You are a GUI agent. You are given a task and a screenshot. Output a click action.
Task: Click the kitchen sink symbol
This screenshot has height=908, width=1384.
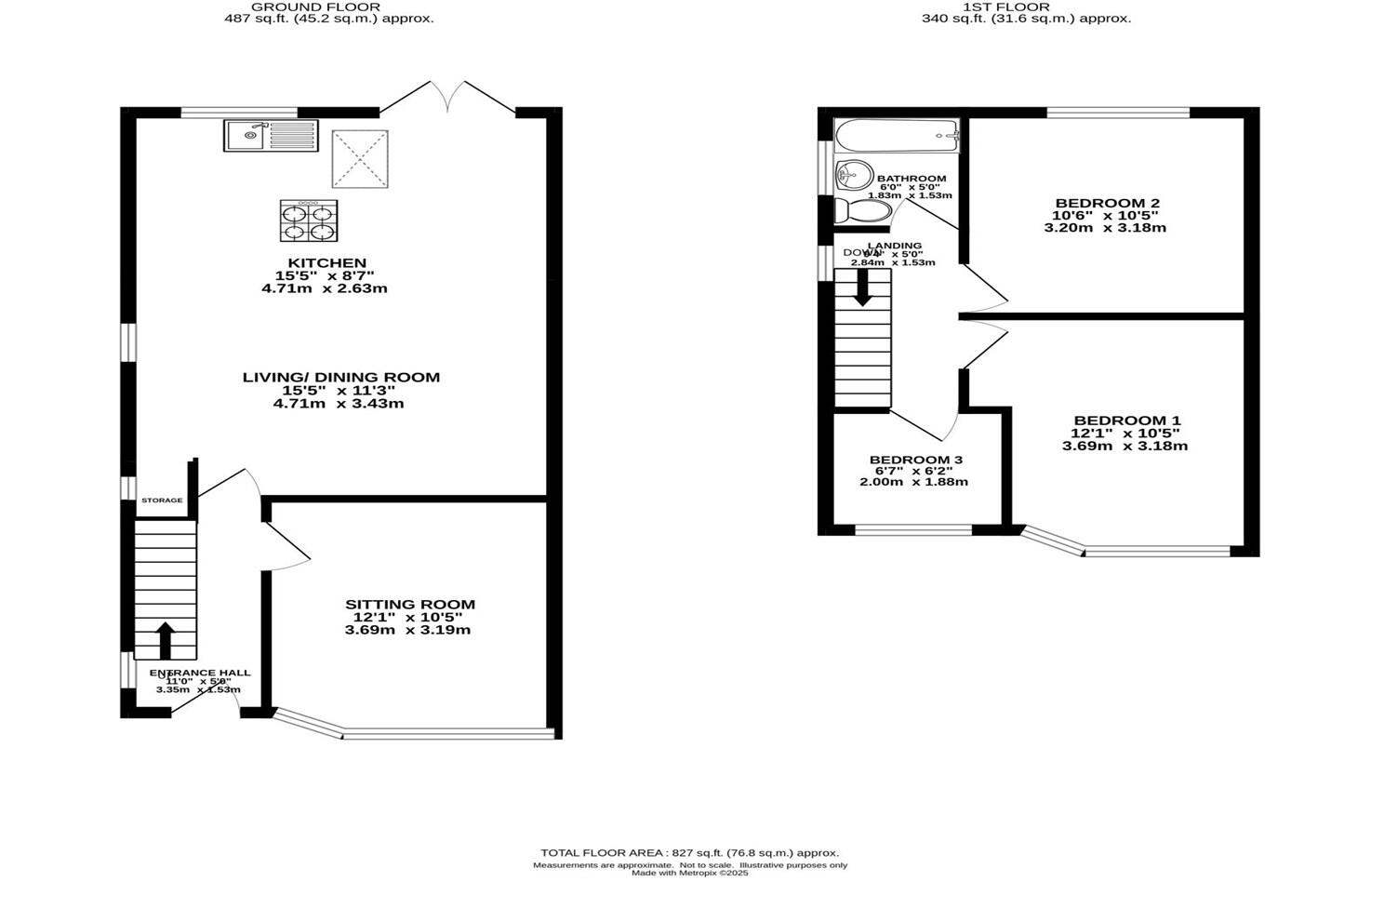[270, 136]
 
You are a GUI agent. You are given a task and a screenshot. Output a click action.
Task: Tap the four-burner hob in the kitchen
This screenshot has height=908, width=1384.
[308, 221]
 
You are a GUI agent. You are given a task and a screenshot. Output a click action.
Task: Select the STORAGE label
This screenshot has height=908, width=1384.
[162, 501]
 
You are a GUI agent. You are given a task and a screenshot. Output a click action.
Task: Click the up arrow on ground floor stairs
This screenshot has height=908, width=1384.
[165, 640]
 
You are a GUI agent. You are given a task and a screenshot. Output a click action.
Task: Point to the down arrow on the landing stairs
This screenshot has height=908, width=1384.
[862, 287]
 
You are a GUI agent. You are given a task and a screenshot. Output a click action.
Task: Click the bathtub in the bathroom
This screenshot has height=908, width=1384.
[897, 137]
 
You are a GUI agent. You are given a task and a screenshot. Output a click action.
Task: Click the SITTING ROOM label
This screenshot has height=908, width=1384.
[410, 605]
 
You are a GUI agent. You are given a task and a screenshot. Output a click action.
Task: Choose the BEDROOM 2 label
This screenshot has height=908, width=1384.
[1107, 203]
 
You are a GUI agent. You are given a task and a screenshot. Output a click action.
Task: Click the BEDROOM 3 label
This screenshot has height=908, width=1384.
[915, 460]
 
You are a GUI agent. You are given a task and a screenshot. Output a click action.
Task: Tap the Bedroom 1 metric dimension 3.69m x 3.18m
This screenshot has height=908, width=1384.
[1124, 446]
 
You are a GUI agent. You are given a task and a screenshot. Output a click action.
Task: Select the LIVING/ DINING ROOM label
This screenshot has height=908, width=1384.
[340, 378]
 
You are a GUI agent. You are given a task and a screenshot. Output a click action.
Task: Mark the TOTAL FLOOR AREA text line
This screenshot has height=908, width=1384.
[689, 853]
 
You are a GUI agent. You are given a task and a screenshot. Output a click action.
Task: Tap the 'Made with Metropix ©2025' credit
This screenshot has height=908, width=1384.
[689, 874]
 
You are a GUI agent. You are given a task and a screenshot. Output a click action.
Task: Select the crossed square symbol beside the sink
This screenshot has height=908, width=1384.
[360, 159]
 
